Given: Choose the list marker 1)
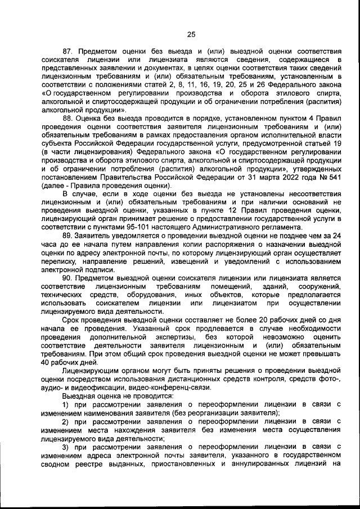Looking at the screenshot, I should click(x=66, y=404).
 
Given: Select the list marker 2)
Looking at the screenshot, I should click(x=66, y=421).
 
